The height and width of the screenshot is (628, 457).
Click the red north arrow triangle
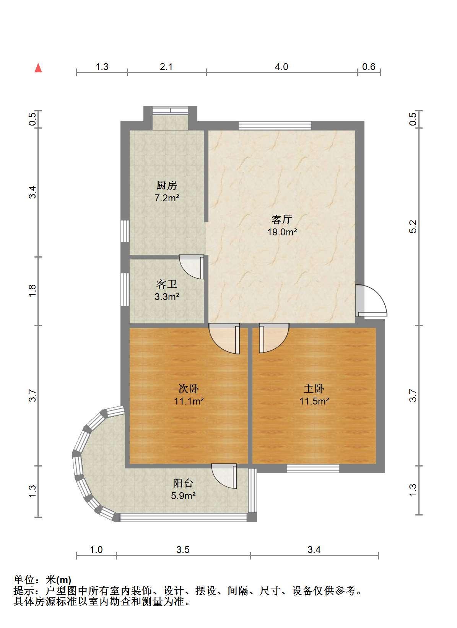pos(38,68)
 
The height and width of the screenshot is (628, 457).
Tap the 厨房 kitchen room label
pos(167,185)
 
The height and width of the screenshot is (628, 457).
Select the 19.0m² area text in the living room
pos(282,232)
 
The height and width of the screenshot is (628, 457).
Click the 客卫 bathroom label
pos(167,284)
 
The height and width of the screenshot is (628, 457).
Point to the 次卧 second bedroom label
pos(189,388)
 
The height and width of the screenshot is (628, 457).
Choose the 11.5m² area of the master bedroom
pos(314,401)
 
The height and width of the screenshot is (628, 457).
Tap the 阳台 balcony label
pos(183,483)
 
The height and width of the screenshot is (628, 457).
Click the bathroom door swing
pos(192,267)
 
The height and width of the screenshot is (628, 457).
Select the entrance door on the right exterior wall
pos(371,300)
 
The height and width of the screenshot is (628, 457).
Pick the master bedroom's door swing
pos(274,338)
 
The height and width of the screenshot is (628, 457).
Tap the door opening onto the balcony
pos(224,476)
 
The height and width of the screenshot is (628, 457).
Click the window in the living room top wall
pos(275,126)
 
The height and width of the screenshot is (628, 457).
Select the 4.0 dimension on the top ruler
pos(281,67)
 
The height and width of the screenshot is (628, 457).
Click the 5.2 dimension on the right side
pos(413,227)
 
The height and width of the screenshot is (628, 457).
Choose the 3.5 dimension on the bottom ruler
pos(183,550)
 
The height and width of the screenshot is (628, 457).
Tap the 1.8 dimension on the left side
pos(33,291)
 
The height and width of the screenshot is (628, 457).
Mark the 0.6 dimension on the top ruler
pos(369,67)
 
